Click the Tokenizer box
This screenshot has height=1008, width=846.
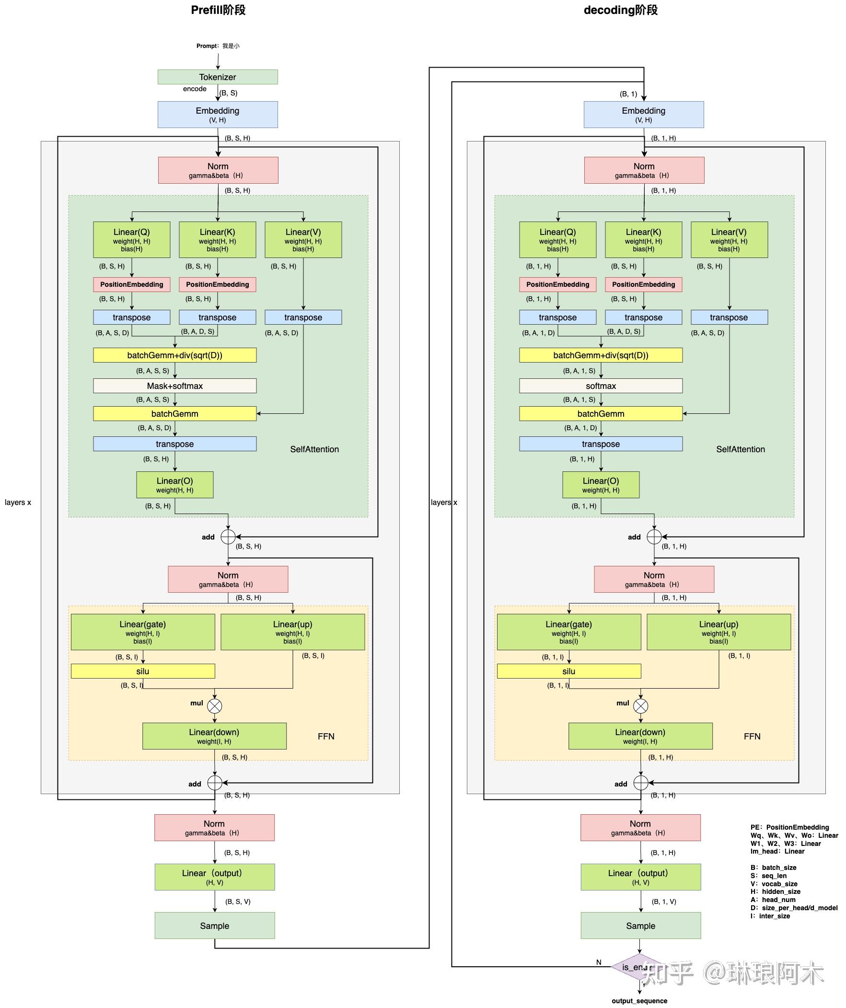[x=218, y=77]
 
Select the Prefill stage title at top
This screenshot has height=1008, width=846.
[x=218, y=10]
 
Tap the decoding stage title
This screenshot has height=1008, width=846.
[x=620, y=10]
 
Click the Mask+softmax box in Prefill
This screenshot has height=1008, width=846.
[x=174, y=386]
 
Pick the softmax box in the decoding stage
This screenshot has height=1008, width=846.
[x=600, y=386]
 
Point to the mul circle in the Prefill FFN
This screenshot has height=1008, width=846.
[x=215, y=706]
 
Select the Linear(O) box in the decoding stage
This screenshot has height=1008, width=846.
[x=600, y=485]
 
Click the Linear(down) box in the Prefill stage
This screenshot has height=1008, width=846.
[x=214, y=736]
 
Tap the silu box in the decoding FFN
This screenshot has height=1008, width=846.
[x=568, y=671]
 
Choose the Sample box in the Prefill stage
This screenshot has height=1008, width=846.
[x=215, y=926]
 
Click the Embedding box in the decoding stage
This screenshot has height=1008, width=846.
[x=644, y=114]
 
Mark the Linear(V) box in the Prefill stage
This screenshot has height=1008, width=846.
[x=303, y=239]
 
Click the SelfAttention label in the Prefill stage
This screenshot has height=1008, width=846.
[x=314, y=449]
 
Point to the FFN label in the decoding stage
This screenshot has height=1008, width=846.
[x=752, y=736]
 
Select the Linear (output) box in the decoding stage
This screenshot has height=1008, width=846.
[x=640, y=877]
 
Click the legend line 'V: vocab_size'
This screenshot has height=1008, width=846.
[x=774, y=884]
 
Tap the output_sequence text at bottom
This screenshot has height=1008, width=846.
[x=639, y=1000]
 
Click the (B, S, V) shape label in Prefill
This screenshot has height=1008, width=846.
[x=238, y=902]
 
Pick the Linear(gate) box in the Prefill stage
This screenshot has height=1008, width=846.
[x=142, y=632]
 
